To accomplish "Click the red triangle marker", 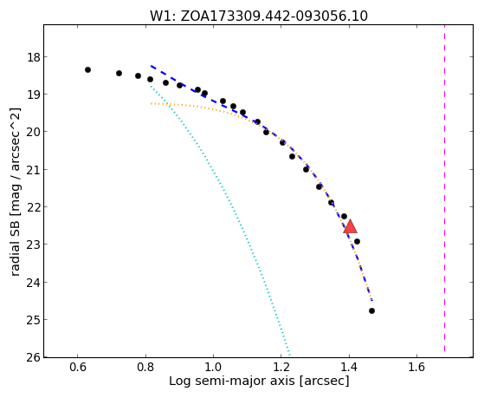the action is click(350, 227).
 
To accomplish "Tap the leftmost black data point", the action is click(87, 70).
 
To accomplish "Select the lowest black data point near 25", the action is click(371, 310).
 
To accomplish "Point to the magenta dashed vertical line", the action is click(444, 188).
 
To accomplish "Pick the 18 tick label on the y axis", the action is click(34, 57).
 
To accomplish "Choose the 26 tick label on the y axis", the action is click(34, 357).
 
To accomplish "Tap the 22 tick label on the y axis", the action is click(34, 206).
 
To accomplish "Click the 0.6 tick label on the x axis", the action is click(77, 368).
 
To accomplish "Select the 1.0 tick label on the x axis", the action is click(213, 368).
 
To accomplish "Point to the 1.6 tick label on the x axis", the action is click(417, 368).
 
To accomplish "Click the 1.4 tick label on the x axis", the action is click(349, 368).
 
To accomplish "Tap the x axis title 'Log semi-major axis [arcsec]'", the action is click(259, 382).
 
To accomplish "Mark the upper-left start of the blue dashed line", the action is click(151, 66).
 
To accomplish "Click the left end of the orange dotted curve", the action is click(151, 103).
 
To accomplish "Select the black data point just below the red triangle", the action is click(357, 242).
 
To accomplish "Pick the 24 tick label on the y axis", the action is click(34, 282).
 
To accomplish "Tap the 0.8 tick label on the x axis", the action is click(145, 368).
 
